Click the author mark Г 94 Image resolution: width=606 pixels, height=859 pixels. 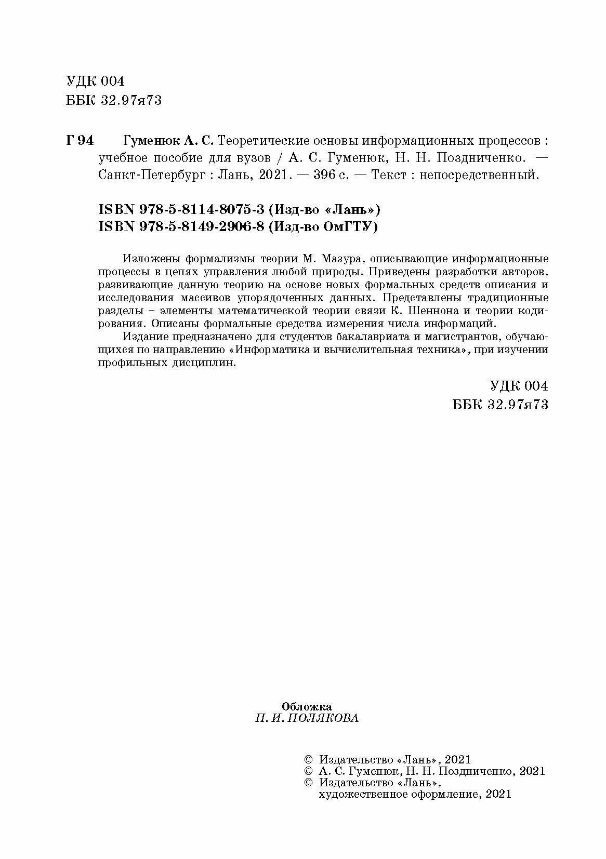tap(80, 141)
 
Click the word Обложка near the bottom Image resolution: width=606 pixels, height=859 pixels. tap(307, 707)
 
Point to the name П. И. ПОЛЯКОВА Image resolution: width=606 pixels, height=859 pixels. tap(307, 719)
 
